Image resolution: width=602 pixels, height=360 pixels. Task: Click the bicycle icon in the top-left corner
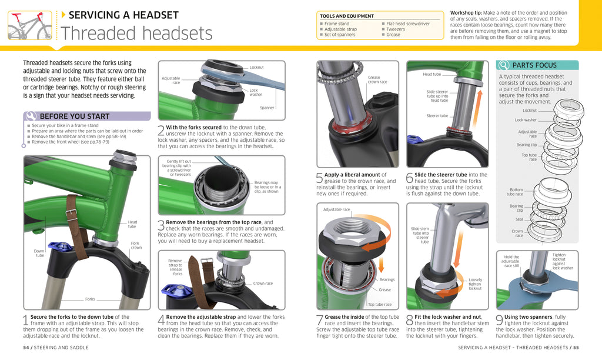pyautogui.click(x=30, y=26)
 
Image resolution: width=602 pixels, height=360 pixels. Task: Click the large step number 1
pyautogui.click(x=26, y=321)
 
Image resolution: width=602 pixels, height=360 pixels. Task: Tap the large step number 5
pyautogui.click(x=320, y=179)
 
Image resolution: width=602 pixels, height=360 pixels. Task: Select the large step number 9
pyautogui.click(x=499, y=321)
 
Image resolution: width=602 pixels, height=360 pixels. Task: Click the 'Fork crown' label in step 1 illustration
pyautogui.click(x=136, y=245)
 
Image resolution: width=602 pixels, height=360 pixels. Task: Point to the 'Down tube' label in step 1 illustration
pyautogui.click(x=39, y=253)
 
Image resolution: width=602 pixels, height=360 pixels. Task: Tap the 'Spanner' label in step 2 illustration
pyautogui.click(x=267, y=108)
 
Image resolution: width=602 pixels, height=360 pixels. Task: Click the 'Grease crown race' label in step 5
pyautogui.click(x=377, y=79)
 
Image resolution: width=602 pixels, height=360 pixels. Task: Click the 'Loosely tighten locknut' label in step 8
pyautogui.click(x=474, y=284)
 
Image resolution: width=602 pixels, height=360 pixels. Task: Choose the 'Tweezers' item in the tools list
pyautogui.click(x=395, y=29)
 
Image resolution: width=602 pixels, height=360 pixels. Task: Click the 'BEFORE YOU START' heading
pyautogui.click(x=74, y=116)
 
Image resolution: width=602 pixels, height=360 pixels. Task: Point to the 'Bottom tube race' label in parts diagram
pyautogui.click(x=515, y=192)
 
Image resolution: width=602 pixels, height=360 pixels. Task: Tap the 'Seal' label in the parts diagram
pyautogui.click(x=519, y=219)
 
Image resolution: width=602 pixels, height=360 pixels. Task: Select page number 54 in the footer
pyautogui.click(x=26, y=348)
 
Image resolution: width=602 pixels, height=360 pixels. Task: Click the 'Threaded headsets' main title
pyautogui.click(x=136, y=34)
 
